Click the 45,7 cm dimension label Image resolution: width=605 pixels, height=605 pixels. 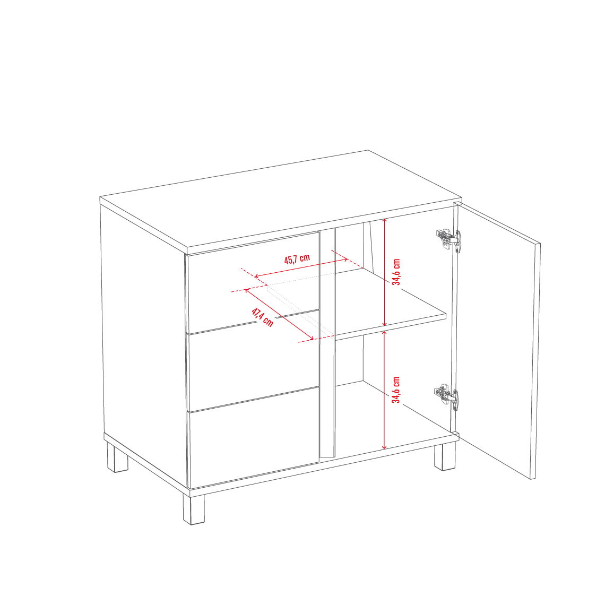(x=297, y=258)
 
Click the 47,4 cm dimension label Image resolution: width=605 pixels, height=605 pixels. (x=262, y=317)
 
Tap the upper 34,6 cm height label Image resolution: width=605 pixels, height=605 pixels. (x=396, y=272)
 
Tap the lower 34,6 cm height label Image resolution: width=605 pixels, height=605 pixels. (x=396, y=390)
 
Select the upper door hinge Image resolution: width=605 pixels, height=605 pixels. (x=448, y=239)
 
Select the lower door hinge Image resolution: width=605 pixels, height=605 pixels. (x=447, y=397)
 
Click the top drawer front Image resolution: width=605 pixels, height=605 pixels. (x=253, y=282)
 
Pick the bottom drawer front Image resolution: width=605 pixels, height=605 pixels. (x=254, y=437)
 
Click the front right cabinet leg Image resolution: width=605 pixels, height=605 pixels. (x=445, y=457)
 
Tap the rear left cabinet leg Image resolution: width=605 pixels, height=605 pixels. (x=117, y=458)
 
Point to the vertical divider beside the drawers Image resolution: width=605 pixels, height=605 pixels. (x=327, y=343)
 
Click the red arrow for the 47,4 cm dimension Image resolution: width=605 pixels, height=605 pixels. (x=279, y=315)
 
